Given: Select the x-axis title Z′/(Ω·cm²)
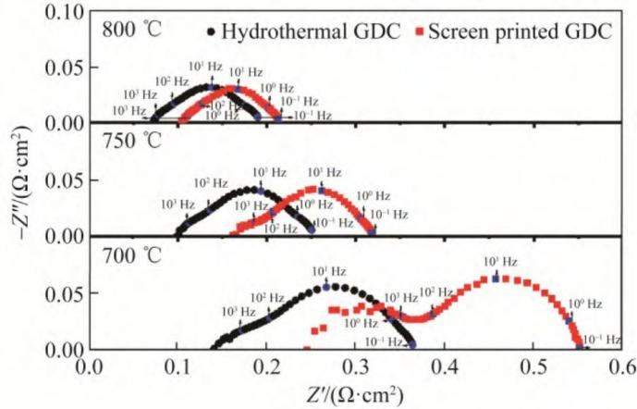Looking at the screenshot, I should [x=356, y=393].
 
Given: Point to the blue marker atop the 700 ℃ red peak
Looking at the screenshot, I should [x=496, y=277].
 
